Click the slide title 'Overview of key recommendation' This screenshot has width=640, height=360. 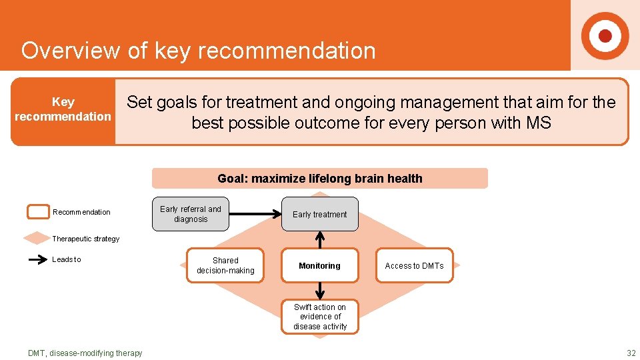(x=198, y=51)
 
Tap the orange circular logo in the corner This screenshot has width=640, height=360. (x=605, y=35)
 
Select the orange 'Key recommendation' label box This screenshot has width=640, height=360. (x=63, y=111)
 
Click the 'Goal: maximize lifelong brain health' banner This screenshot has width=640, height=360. (x=320, y=179)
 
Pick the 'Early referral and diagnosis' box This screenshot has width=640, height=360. (x=190, y=214)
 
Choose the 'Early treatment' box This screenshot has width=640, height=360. (x=320, y=214)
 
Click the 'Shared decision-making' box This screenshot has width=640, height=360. (x=225, y=265)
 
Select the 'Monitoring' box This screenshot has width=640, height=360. (x=320, y=265)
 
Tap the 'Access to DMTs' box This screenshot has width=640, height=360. (x=414, y=265)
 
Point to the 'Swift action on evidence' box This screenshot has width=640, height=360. (x=320, y=317)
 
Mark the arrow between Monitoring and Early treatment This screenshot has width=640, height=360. (x=320, y=240)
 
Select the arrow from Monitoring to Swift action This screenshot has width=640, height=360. (x=320, y=291)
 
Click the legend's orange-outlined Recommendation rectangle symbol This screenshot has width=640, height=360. (x=37, y=212)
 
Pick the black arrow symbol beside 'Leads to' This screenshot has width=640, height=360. (x=37, y=260)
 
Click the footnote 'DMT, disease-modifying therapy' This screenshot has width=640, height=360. (x=85, y=353)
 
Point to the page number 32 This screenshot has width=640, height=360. (x=631, y=353)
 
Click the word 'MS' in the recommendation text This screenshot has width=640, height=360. (x=538, y=123)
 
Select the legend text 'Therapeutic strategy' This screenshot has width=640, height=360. (x=86, y=239)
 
